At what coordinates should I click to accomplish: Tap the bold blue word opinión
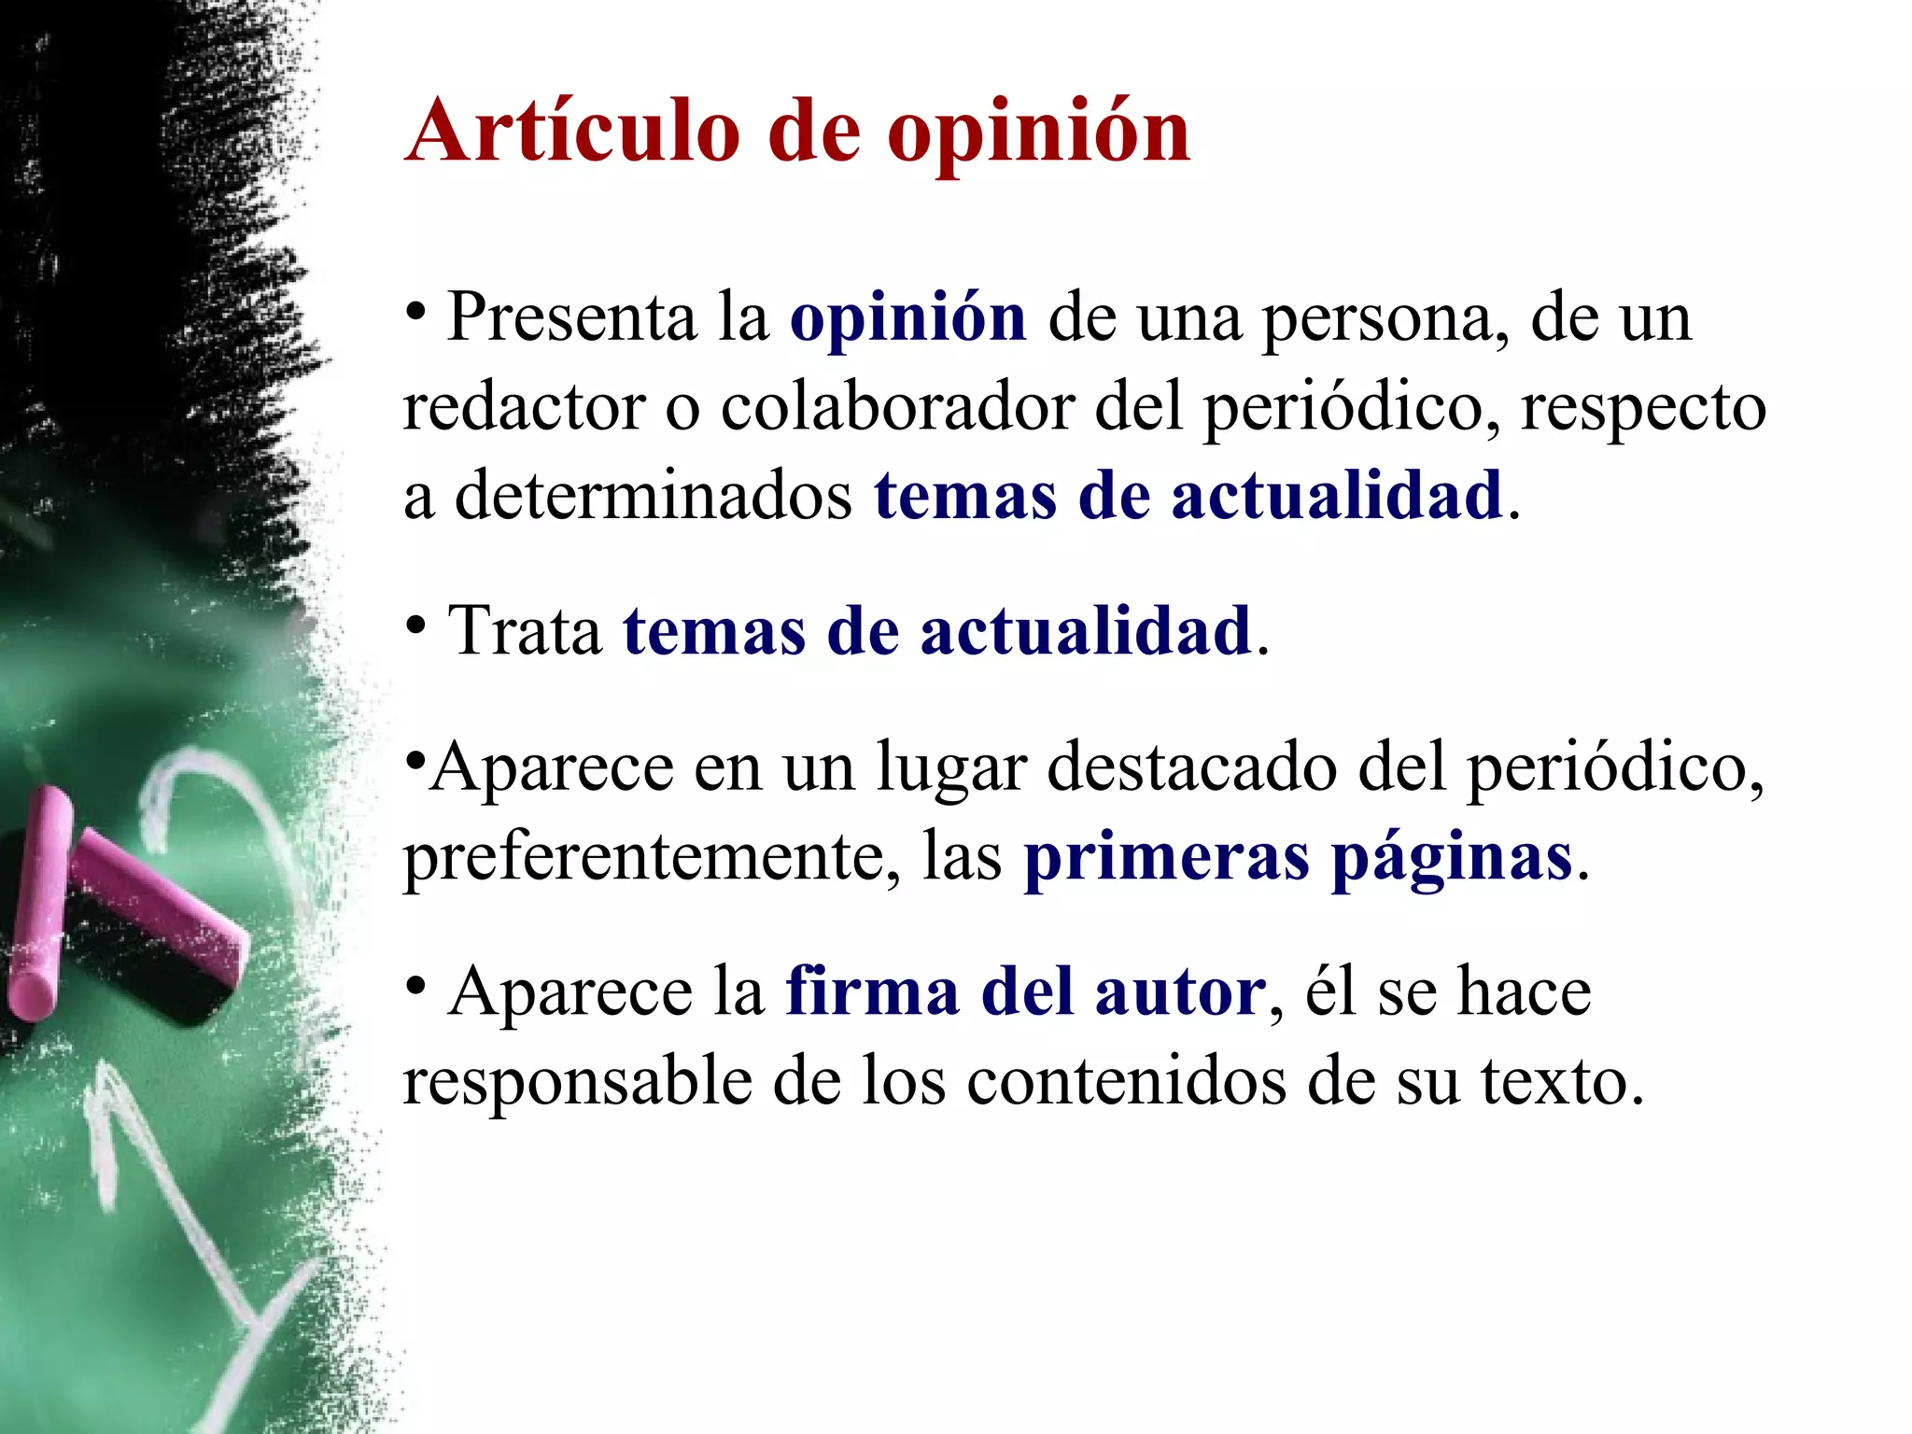tap(907, 319)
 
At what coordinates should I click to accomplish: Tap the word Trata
tap(525, 631)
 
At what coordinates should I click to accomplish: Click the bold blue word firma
tap(872, 991)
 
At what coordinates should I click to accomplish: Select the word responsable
tap(577, 1081)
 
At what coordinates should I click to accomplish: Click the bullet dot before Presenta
tap(416, 309)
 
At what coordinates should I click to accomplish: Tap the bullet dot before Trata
tap(416, 623)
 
